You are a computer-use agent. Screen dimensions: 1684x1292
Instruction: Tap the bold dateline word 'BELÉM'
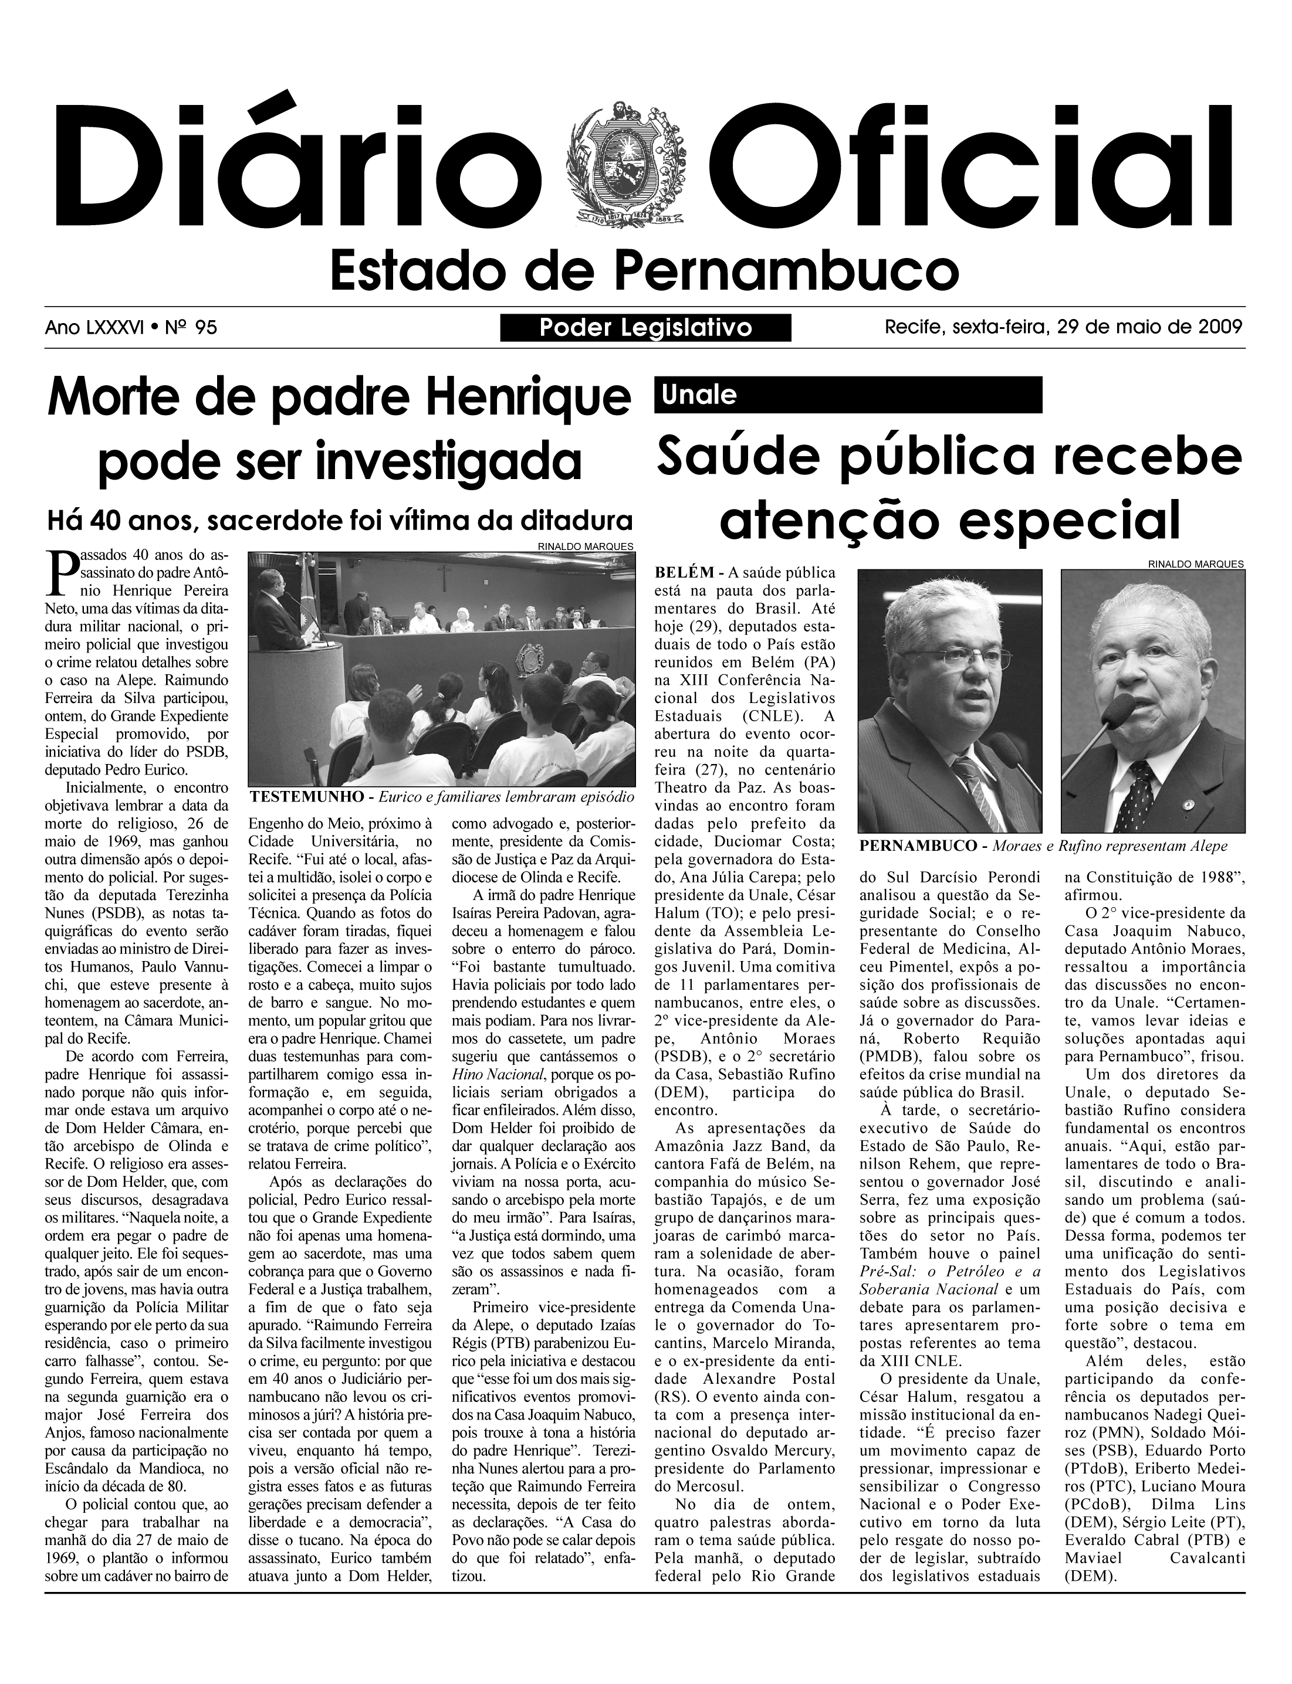pyautogui.click(x=685, y=573)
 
